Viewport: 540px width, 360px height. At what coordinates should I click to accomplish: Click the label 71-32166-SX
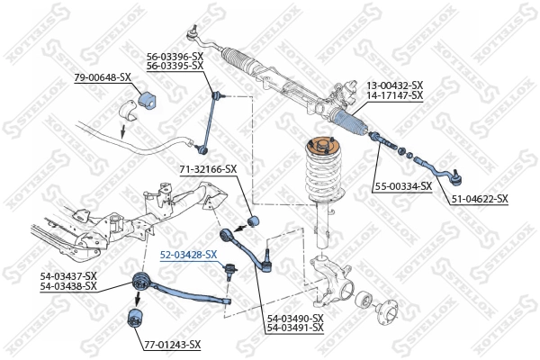coord(208,168)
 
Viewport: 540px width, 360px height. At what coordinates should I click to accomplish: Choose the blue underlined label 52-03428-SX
coord(189,255)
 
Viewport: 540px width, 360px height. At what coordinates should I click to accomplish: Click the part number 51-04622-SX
coord(479,199)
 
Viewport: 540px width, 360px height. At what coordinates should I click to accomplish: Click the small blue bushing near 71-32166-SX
coord(253,220)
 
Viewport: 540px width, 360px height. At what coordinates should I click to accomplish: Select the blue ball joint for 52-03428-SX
coord(231,267)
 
